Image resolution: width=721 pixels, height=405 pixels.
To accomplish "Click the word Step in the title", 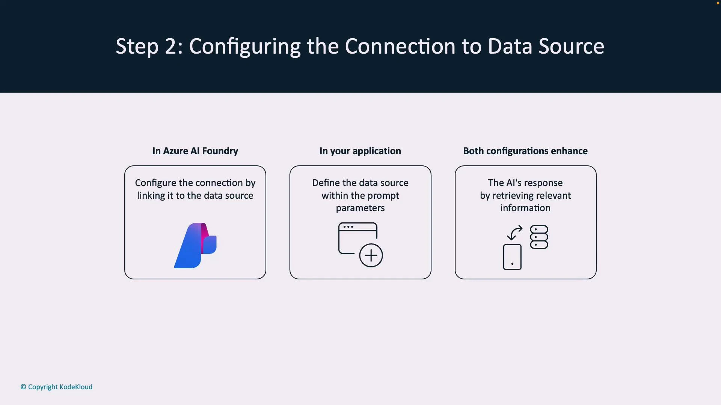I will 137,46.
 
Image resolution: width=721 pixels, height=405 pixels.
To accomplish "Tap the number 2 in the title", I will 170,46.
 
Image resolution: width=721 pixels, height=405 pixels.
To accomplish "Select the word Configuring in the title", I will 244,47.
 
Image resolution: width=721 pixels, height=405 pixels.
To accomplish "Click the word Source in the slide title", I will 571,46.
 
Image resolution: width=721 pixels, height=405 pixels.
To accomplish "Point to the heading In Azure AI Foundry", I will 195,151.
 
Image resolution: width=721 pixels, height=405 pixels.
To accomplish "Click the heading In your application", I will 360,151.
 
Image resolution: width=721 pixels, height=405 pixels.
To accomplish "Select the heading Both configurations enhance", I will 525,151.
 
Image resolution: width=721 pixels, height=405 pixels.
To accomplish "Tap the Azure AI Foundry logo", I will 195,246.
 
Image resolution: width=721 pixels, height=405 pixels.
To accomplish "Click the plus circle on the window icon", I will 371,255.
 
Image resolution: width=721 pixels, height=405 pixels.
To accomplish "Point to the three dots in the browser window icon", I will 348,227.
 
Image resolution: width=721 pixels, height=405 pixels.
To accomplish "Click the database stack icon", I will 539,237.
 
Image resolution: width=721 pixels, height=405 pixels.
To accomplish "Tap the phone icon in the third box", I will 512,257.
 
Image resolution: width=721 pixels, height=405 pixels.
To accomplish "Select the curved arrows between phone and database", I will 514,232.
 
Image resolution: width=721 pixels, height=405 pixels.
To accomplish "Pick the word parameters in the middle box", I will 360,208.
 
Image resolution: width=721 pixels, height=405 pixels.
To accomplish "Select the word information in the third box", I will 525,208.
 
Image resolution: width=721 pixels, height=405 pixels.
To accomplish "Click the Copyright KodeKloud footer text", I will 56,387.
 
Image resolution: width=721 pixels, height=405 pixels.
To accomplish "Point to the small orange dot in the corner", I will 718,3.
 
